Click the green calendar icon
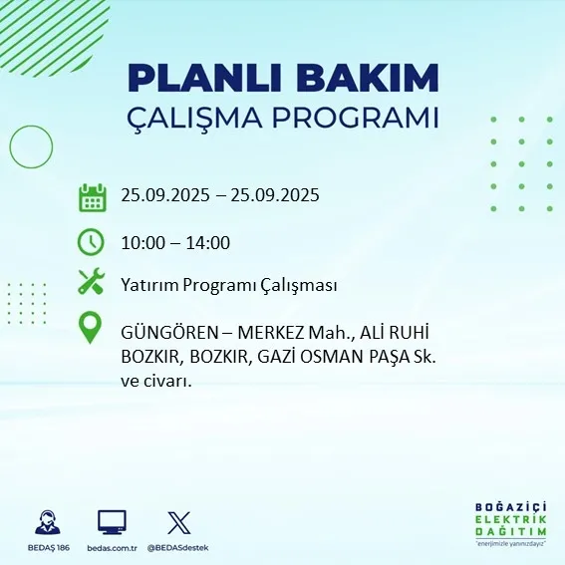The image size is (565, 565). pos(92,196)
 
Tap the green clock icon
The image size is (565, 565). pos(92,242)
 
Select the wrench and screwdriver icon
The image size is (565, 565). pos(92,283)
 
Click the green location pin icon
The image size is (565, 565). pos(92,329)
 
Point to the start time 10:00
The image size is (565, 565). pos(141,242)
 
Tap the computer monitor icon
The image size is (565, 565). pos(112,521)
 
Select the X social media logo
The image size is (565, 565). pos(178,521)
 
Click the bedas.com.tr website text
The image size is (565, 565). pos(112,548)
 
